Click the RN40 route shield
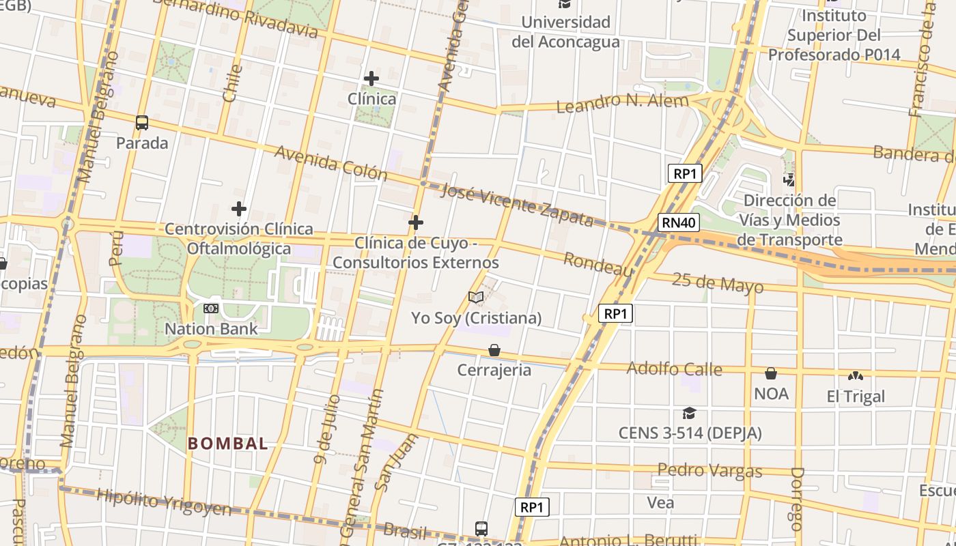pyautogui.click(x=679, y=222)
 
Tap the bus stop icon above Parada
pyautogui.click(x=142, y=123)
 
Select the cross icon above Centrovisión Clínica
pyautogui.click(x=239, y=209)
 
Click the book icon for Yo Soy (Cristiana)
pyautogui.click(x=476, y=298)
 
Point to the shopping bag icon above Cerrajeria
pyautogui.click(x=494, y=350)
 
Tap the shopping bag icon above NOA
pyautogui.click(x=771, y=373)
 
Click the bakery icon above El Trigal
pyautogui.click(x=855, y=376)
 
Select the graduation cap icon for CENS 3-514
pyautogui.click(x=689, y=413)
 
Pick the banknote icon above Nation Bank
pyautogui.click(x=211, y=308)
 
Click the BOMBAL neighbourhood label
pyautogui.click(x=228, y=444)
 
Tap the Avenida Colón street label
pyautogui.click(x=331, y=163)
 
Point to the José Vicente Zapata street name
pyautogui.click(x=517, y=204)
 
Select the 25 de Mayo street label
pyautogui.click(x=717, y=282)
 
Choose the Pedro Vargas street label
pyautogui.click(x=709, y=470)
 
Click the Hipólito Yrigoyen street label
pyautogui.click(x=164, y=502)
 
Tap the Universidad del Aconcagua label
pyautogui.click(x=565, y=31)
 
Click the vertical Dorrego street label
pyautogui.click(x=797, y=498)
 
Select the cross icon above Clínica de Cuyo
pyautogui.click(x=415, y=222)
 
